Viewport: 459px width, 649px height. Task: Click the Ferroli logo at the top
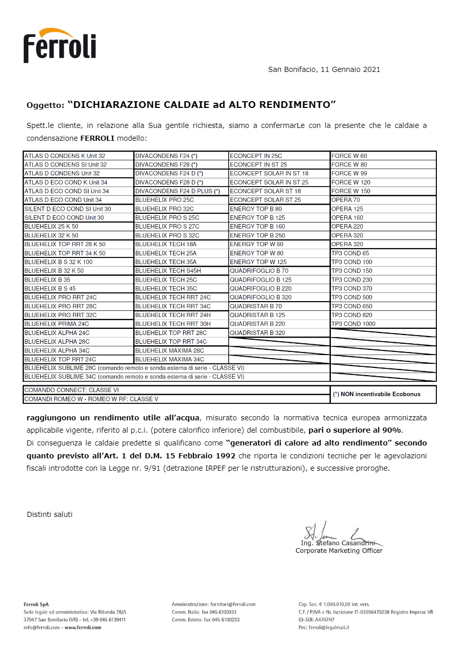pyautogui.click(x=59, y=46)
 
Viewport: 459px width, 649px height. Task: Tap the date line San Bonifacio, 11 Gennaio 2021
pyautogui.click(x=324, y=69)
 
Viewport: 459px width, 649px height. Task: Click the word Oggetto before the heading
pyautogui.click(x=45, y=105)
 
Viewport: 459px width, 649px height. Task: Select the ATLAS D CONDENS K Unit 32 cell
pyautogui.click(x=65, y=156)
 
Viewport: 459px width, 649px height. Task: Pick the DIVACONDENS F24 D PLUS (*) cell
pyautogui.click(x=178, y=191)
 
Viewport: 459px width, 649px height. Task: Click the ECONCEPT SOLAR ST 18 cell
pyautogui.click(x=266, y=191)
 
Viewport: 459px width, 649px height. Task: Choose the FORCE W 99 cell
pyautogui.click(x=349, y=173)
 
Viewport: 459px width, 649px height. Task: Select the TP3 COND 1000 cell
pyautogui.click(x=354, y=324)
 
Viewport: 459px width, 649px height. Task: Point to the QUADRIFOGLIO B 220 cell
pyautogui.click(x=261, y=288)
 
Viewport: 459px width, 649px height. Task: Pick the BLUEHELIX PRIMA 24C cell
pyautogui.click(x=57, y=324)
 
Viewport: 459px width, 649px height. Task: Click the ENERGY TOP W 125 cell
pyautogui.click(x=258, y=262)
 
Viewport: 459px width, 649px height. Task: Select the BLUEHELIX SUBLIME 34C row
pyautogui.click(x=134, y=377)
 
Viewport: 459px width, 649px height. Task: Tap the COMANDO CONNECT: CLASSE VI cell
pyautogui.click(x=72, y=390)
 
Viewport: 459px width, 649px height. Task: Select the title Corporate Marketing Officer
pyautogui.click(x=339, y=551)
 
